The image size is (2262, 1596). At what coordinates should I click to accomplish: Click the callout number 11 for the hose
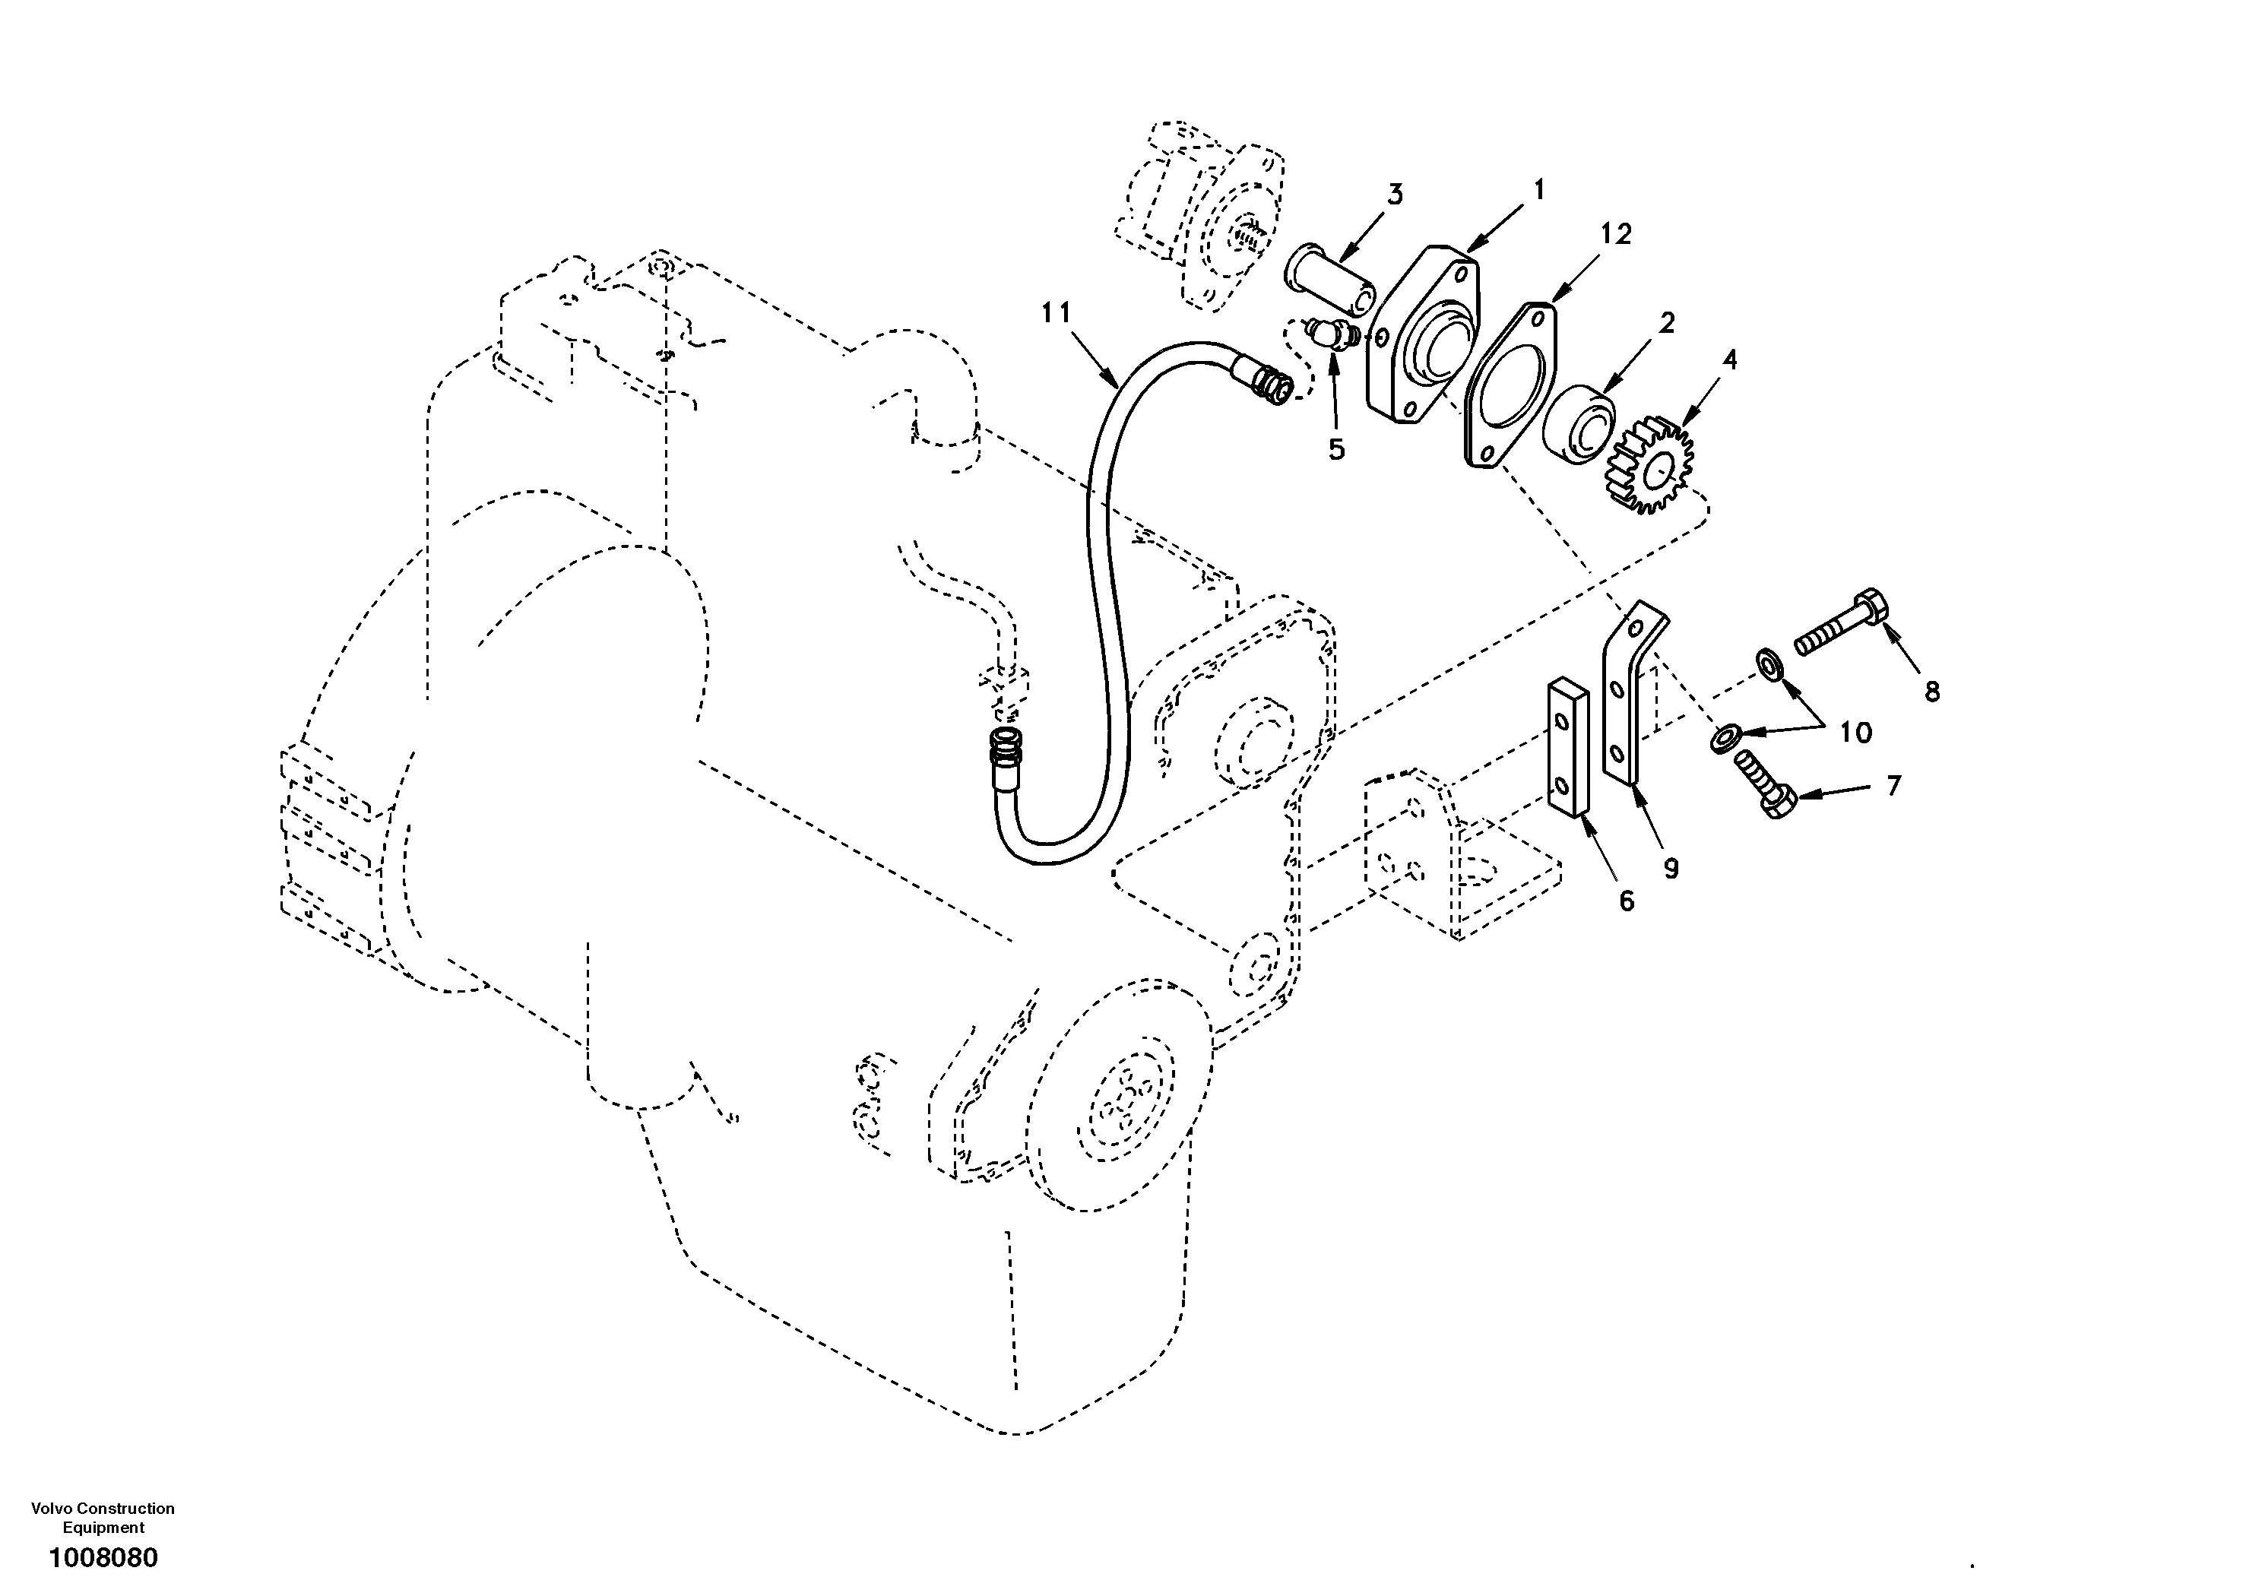(x=1055, y=313)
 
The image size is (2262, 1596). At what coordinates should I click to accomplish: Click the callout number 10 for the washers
(x=1855, y=732)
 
